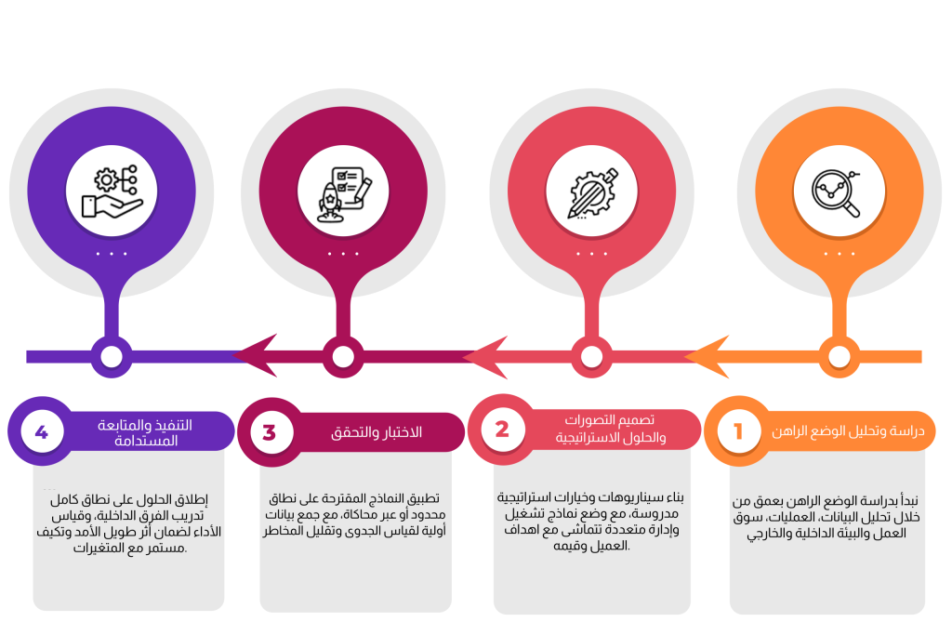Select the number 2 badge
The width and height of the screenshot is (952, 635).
tap(502, 430)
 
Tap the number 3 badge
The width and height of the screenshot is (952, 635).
tap(270, 432)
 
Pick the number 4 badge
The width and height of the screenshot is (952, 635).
tap(41, 432)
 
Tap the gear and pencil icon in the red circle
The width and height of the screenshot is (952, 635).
tap(591, 192)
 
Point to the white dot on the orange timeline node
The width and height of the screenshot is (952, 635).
tap(839, 356)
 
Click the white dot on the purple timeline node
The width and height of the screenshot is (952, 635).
tap(112, 356)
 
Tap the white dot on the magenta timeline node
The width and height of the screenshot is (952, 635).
tap(343, 356)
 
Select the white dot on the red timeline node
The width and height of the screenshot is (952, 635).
tap(591, 356)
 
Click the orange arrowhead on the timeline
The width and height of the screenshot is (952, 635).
tap(708, 356)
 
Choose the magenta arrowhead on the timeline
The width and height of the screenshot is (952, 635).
tap(255, 356)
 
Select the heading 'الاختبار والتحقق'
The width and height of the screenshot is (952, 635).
tap(377, 432)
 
